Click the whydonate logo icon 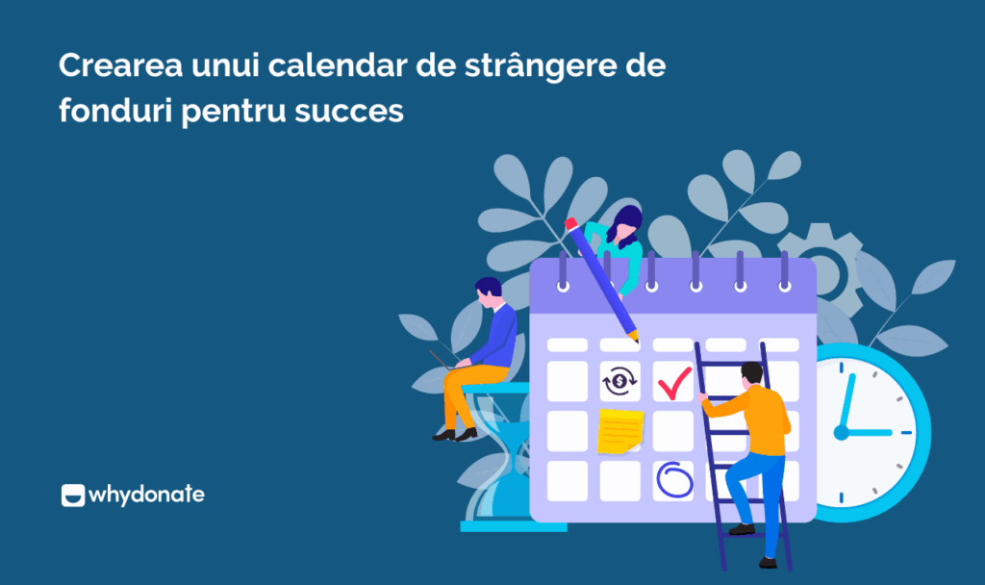tap(72, 496)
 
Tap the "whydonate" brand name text tap(146, 496)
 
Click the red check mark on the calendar tap(674, 382)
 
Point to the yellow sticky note tap(619, 431)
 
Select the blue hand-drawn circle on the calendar tap(672, 478)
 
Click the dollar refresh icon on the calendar tap(619, 382)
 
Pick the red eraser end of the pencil tap(570, 224)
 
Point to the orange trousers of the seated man tap(460, 394)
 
